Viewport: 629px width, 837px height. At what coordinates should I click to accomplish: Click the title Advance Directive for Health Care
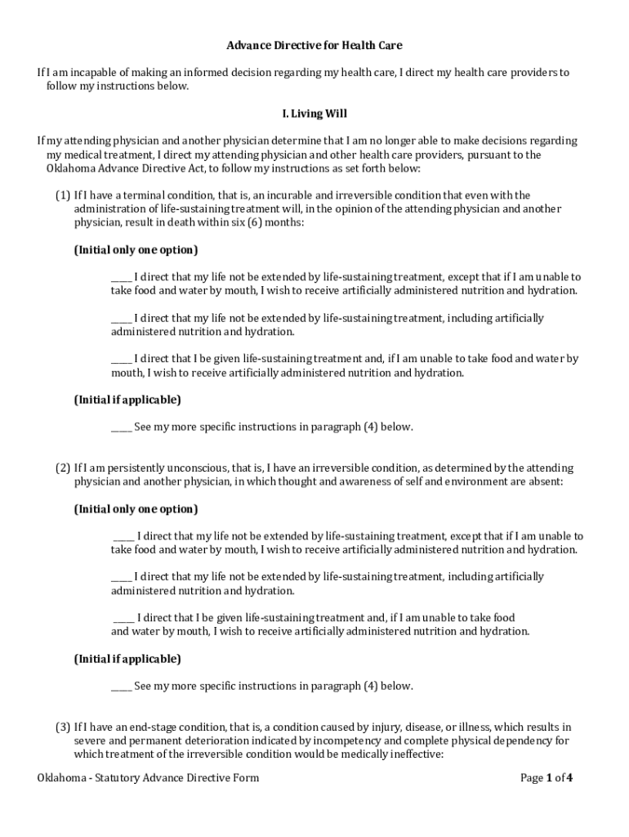[x=314, y=46]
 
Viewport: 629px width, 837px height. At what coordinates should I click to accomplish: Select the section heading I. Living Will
[x=314, y=114]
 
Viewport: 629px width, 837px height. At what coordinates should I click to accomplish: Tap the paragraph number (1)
[x=63, y=195]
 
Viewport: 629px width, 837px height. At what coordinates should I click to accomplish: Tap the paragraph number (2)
[x=63, y=468]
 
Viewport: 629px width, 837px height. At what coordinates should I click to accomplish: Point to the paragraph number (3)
[x=63, y=727]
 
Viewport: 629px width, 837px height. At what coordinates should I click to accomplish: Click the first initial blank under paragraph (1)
[x=121, y=278]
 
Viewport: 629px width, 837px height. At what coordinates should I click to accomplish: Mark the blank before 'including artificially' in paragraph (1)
[x=121, y=319]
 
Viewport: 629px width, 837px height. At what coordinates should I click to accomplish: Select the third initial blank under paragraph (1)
[x=121, y=360]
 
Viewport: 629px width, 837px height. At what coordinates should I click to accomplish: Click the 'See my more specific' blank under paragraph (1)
[x=121, y=427]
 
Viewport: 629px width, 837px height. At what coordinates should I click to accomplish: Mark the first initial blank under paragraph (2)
[x=124, y=537]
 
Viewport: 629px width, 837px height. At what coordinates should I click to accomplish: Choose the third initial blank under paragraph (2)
[x=124, y=619]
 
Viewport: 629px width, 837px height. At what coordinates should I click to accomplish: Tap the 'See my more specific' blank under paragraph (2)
[x=121, y=687]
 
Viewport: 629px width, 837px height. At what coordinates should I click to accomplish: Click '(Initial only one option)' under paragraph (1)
[x=136, y=250]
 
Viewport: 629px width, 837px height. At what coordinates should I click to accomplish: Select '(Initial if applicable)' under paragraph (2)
[x=127, y=659]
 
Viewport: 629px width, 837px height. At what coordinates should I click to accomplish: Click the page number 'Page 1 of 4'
[x=546, y=777]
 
